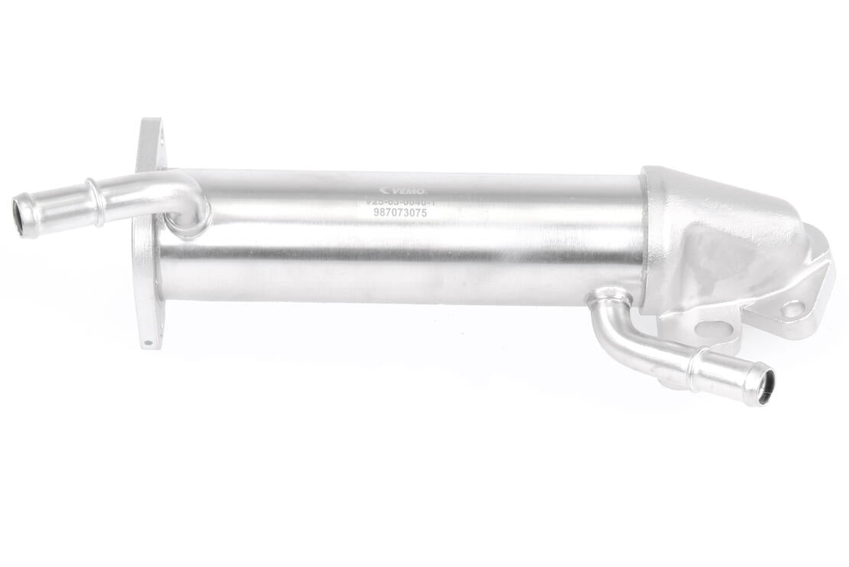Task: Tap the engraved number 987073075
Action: [400, 213]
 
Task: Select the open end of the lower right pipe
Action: [764, 386]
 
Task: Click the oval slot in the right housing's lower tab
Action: [713, 331]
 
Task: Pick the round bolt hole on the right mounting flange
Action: [792, 309]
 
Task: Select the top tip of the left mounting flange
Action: [149, 124]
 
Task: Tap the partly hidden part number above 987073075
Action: [402, 202]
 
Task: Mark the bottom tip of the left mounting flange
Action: [150, 344]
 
